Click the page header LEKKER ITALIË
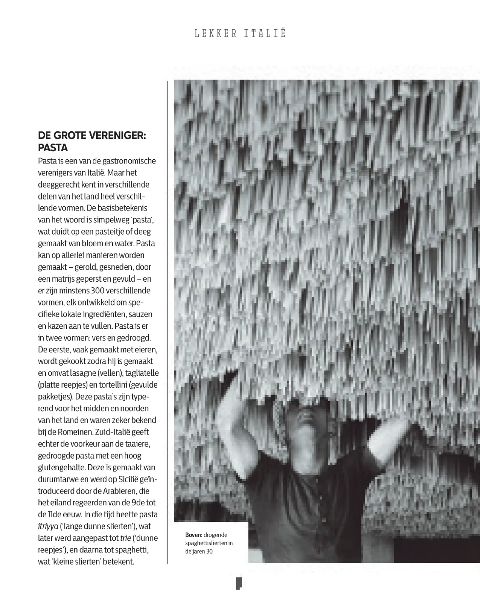click(x=240, y=33)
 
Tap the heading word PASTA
click(x=53, y=148)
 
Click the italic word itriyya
click(x=48, y=527)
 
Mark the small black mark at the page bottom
click(x=239, y=583)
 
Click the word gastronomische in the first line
click(x=128, y=161)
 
